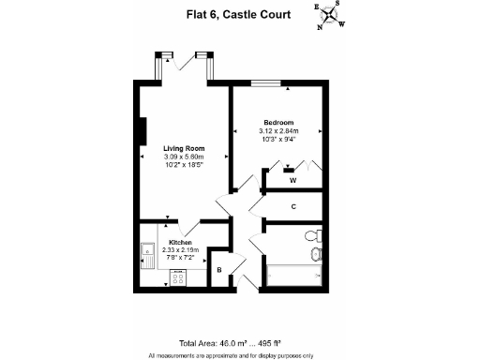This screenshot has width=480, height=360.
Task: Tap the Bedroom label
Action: [x=278, y=123]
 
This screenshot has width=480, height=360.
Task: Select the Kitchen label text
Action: [x=180, y=243]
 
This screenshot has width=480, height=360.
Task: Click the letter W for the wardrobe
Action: [x=293, y=179]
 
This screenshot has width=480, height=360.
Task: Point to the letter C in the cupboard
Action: [x=293, y=206]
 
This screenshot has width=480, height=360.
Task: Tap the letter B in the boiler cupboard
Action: [x=219, y=270]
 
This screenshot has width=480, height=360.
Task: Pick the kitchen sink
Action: [x=148, y=254]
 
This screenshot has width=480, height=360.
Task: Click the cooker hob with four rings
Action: [x=177, y=277]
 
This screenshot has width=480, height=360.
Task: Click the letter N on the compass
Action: [x=320, y=26]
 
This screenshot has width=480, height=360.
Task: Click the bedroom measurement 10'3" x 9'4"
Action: [x=278, y=140]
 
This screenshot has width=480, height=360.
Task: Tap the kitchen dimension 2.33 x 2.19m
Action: [x=180, y=250]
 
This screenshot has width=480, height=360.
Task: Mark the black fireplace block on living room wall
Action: [x=143, y=131]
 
